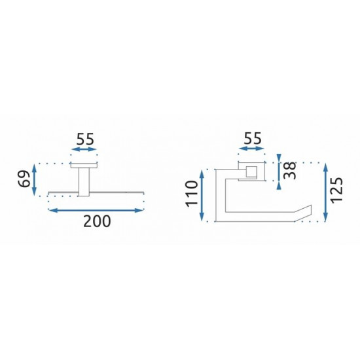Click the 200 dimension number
97,221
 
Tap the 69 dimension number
24,179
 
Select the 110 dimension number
192,194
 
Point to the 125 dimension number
337,190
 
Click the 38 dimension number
290,171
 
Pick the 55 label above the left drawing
85,139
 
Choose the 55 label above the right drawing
253,138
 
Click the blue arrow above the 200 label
96,210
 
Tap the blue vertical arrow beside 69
34,179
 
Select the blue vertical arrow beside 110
202,196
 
